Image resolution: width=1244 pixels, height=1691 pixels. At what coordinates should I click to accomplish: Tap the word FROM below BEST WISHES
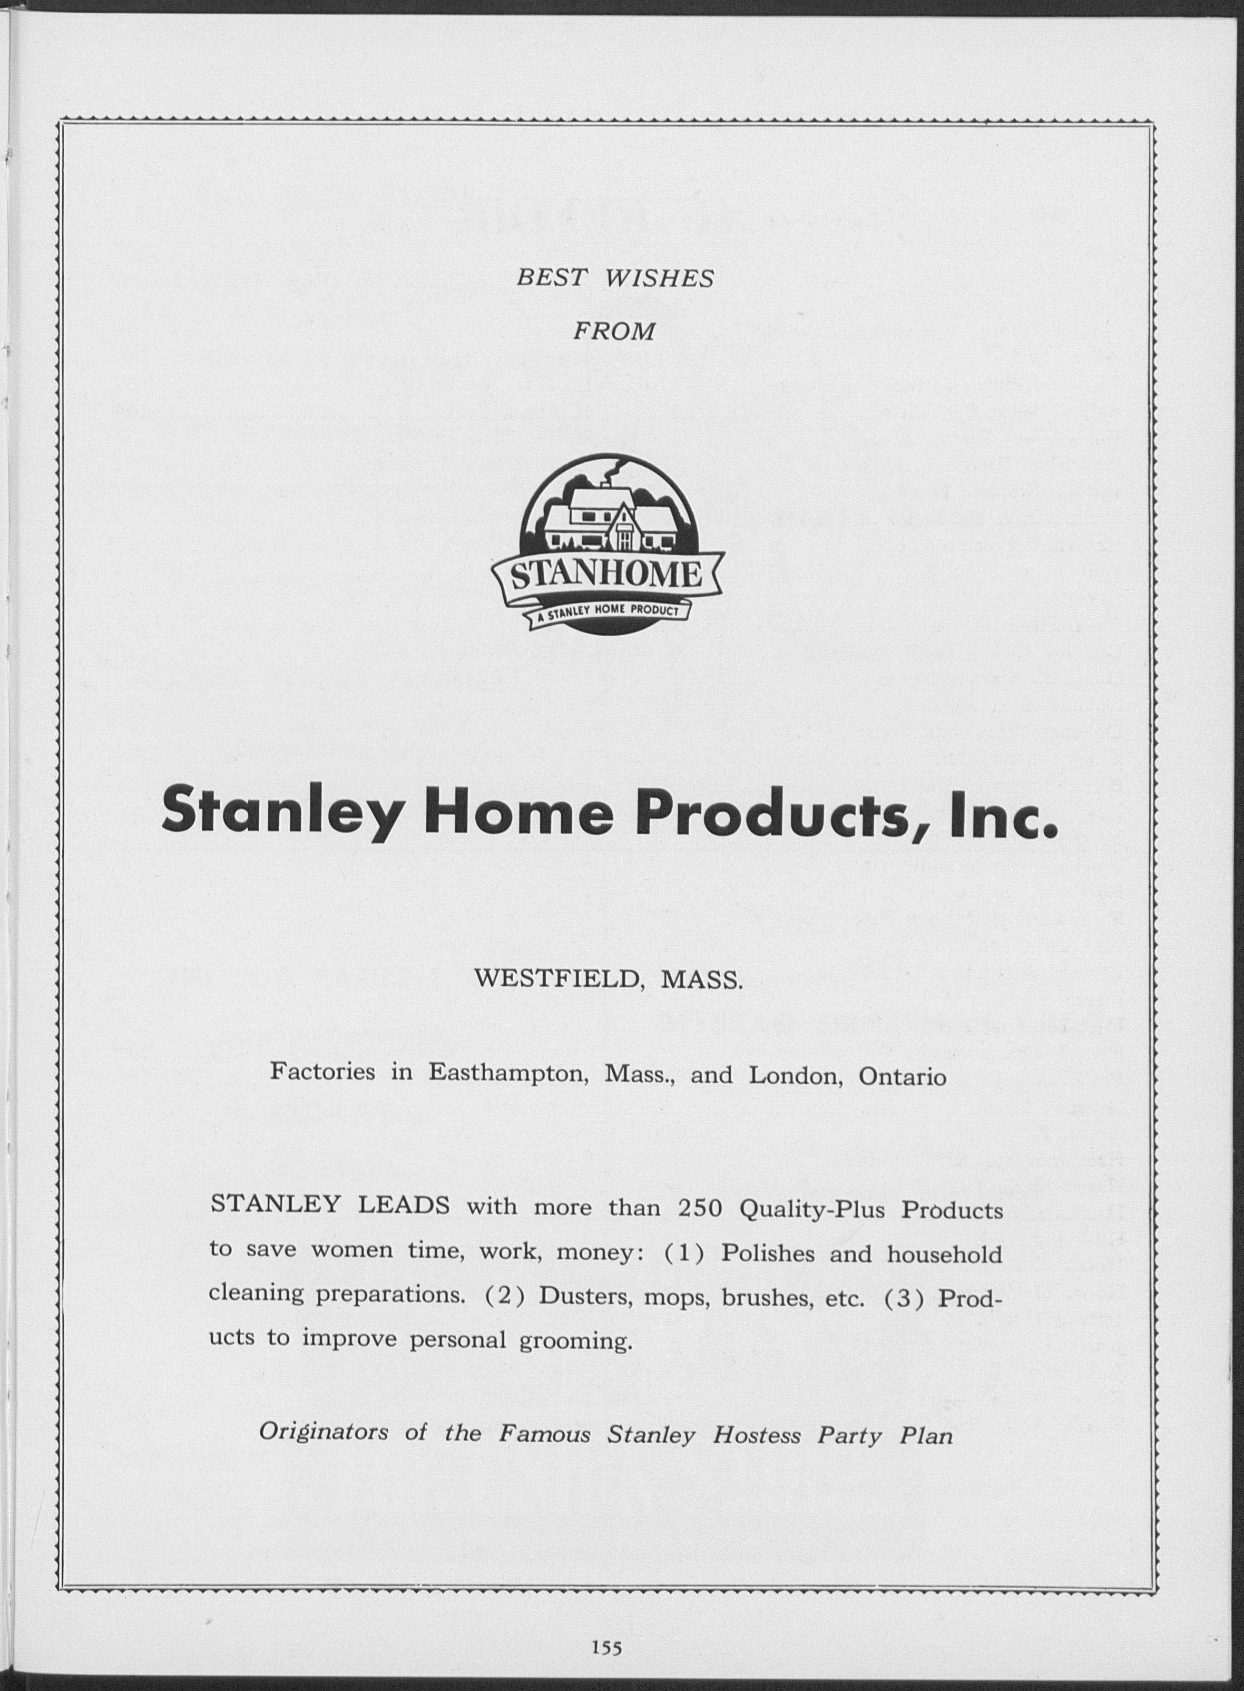tap(614, 332)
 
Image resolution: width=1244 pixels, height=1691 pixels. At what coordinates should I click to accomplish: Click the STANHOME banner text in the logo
tap(607, 578)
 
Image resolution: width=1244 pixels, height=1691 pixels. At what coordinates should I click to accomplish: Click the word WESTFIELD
tap(558, 980)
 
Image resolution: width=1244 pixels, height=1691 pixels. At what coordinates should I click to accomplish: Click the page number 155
tap(606, 1647)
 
